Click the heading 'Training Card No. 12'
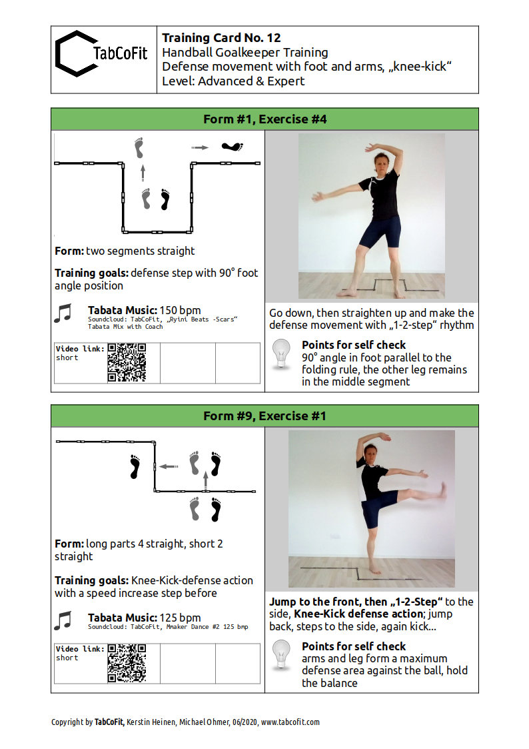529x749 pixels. (221, 38)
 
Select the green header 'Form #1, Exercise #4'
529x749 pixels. (264, 119)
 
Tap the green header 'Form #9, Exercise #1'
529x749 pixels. (264, 416)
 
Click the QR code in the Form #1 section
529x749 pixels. (127, 363)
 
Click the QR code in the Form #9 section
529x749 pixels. (127, 663)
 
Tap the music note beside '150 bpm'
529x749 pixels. (63, 313)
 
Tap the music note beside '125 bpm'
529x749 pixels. (63, 620)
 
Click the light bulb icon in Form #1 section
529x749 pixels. (281, 354)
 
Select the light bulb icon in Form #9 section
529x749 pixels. (281, 655)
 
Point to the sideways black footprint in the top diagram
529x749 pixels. (233, 147)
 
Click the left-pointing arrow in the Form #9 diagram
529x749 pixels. (169, 466)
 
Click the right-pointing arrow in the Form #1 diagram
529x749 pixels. (200, 147)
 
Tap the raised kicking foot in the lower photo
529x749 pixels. (443, 491)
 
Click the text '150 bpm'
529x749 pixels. (181, 310)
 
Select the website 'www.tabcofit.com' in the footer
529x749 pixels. (290, 722)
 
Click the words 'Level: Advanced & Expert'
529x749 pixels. (233, 81)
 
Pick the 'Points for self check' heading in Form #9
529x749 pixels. (354, 646)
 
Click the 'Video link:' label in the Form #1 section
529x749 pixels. (80, 349)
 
